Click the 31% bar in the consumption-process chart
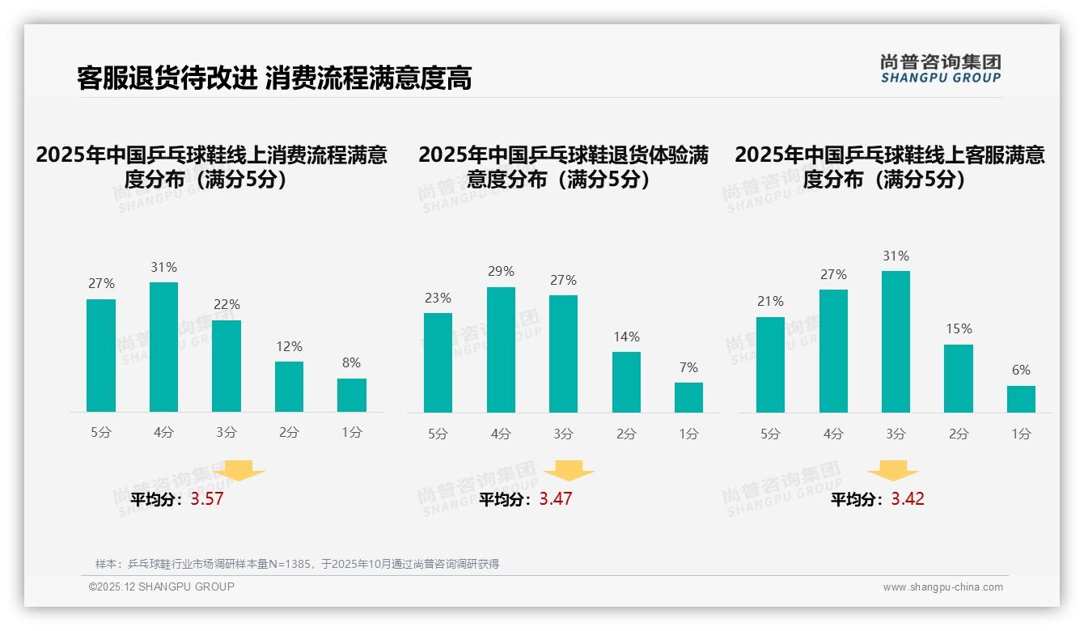(x=164, y=347)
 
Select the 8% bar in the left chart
(x=352, y=395)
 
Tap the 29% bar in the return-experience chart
(x=502, y=349)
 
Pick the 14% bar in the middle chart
(x=626, y=382)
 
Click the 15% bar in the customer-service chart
(x=959, y=379)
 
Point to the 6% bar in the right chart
(x=1021, y=399)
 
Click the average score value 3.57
(x=207, y=499)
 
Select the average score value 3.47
(x=556, y=499)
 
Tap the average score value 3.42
(x=908, y=499)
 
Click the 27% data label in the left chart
(x=101, y=284)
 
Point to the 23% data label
(x=438, y=299)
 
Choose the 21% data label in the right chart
(x=770, y=302)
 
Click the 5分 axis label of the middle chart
(x=438, y=434)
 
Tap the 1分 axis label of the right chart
(x=1021, y=434)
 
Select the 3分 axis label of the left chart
(x=227, y=433)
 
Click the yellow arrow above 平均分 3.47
(x=570, y=472)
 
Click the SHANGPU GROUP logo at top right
(x=941, y=69)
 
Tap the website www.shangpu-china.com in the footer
(x=942, y=587)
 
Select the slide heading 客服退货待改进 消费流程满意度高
(x=274, y=78)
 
